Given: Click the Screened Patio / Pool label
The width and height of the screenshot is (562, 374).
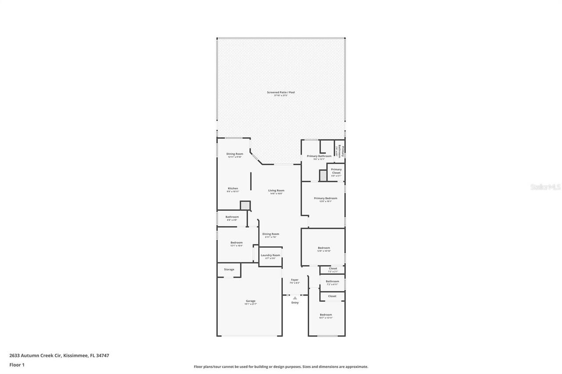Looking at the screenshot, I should click(281, 93).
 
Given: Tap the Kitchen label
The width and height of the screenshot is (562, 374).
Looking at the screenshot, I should click(233, 189).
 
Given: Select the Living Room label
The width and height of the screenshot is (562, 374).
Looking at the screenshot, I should click(276, 191).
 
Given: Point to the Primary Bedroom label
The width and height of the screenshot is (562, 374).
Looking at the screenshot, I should click(325, 198).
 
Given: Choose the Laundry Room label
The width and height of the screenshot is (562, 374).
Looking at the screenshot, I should click(270, 255).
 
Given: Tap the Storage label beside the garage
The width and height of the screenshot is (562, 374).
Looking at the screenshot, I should click(229, 269).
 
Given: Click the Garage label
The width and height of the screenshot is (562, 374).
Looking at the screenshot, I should click(250, 301).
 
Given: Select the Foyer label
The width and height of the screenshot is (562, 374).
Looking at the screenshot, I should click(295, 280).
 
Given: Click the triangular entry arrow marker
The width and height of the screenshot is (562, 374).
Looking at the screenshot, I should click(295, 298).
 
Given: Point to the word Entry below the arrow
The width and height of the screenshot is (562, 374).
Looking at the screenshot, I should click(295, 303).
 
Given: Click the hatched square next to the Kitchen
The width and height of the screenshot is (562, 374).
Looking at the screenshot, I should click(245, 206).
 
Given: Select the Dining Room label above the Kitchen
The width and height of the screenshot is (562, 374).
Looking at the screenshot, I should click(234, 154).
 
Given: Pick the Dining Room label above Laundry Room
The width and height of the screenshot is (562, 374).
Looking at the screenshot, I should click(270, 234).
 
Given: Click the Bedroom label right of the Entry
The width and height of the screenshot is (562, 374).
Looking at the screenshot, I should click(326, 315).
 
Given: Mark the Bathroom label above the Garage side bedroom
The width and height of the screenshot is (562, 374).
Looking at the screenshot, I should click(232, 217).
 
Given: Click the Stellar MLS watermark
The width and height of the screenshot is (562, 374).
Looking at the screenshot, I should click(545, 187).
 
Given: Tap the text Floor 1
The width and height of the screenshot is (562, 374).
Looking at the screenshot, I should click(17, 364).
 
